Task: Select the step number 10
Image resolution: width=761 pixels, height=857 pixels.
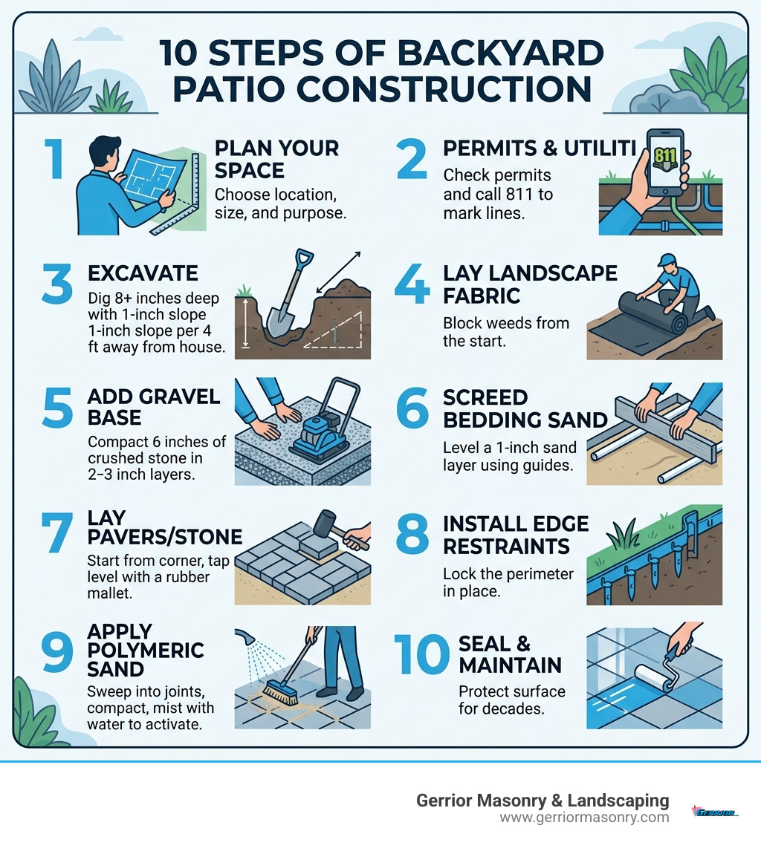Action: (x=421, y=654)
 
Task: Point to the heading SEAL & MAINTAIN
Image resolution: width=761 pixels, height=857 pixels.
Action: (x=510, y=654)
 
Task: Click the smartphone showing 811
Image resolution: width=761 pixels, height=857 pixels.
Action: (x=666, y=162)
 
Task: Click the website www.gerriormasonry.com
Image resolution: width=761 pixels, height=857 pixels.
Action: (x=584, y=818)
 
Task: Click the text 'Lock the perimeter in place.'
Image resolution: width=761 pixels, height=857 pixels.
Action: (x=508, y=584)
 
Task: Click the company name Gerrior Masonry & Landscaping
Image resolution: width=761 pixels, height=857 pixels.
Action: (x=543, y=801)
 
